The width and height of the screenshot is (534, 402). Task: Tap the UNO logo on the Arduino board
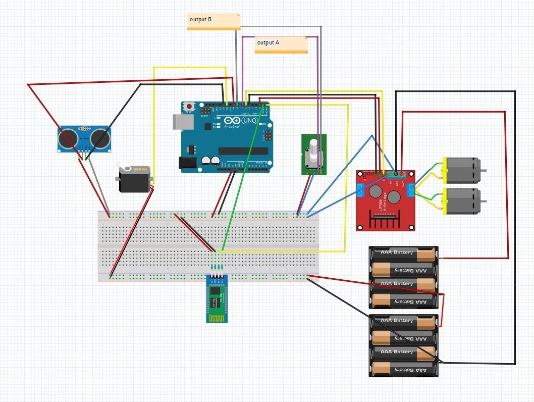(249, 120)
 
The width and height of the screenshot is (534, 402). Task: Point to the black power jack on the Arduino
(187, 162)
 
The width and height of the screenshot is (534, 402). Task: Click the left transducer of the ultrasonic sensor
(67, 138)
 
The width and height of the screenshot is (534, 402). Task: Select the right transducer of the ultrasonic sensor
(101, 138)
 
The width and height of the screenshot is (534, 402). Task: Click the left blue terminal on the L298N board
(360, 190)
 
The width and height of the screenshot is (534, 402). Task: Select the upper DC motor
(461, 170)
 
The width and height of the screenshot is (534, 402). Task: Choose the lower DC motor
(461, 201)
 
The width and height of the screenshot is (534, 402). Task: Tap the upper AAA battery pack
(403, 277)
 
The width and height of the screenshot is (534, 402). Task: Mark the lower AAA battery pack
(403, 345)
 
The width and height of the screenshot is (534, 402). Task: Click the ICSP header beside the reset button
(206, 110)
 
